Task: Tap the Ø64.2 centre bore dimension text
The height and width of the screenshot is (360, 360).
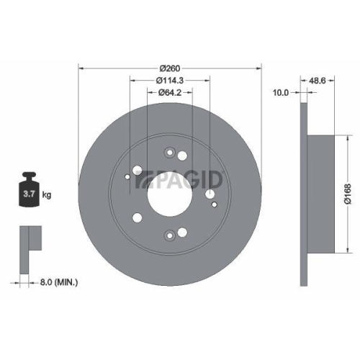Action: point(170,93)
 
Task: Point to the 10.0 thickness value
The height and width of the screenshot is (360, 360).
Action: point(280,93)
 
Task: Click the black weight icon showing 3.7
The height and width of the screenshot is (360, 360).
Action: point(30,189)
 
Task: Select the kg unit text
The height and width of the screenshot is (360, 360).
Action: point(48,195)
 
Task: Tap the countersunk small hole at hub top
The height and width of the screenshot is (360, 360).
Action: point(170,152)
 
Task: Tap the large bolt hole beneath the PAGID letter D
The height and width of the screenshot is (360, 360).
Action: point(209,193)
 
